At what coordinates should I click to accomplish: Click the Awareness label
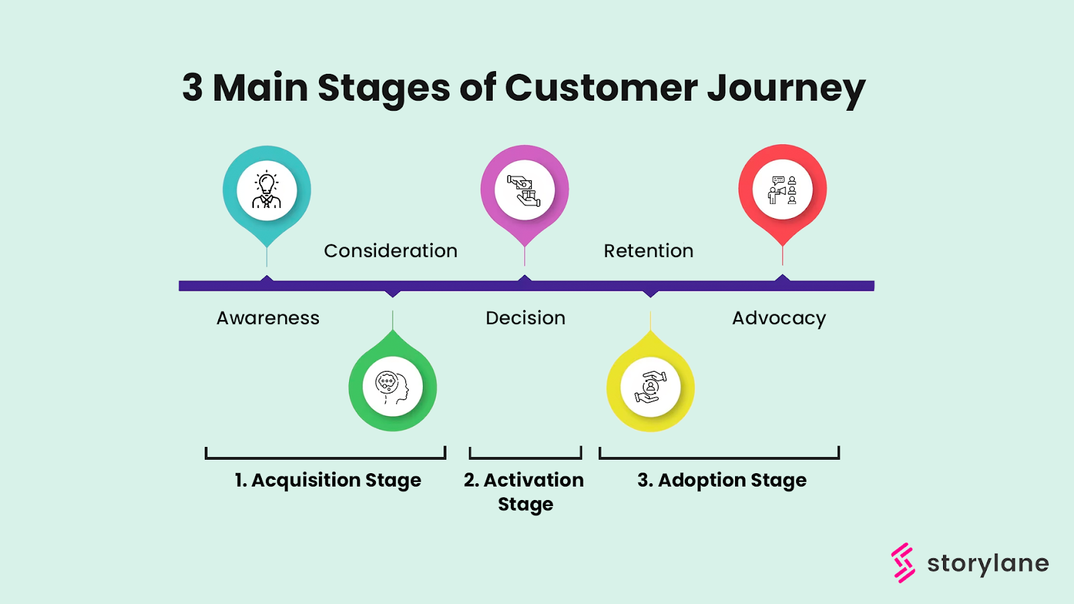click(268, 318)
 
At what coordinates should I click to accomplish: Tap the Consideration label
click(390, 251)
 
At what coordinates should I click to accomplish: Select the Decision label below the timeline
click(525, 318)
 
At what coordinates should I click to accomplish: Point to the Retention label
click(648, 251)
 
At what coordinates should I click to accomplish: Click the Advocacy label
click(779, 318)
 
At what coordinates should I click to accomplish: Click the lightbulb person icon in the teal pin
click(266, 191)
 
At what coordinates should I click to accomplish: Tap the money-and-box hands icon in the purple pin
click(524, 190)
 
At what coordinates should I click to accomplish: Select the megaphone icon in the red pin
click(782, 190)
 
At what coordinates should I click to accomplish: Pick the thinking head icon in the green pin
click(393, 387)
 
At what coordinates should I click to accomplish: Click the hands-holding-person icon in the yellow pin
click(650, 387)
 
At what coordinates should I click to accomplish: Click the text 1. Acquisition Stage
click(328, 481)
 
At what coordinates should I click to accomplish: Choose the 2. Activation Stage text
click(524, 491)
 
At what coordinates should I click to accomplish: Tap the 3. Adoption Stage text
click(722, 481)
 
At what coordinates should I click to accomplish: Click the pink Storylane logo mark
click(903, 562)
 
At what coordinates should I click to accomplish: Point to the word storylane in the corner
click(987, 564)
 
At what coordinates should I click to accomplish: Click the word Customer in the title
click(601, 88)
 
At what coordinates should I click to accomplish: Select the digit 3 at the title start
click(192, 88)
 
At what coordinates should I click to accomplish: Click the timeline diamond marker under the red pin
click(782, 279)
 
